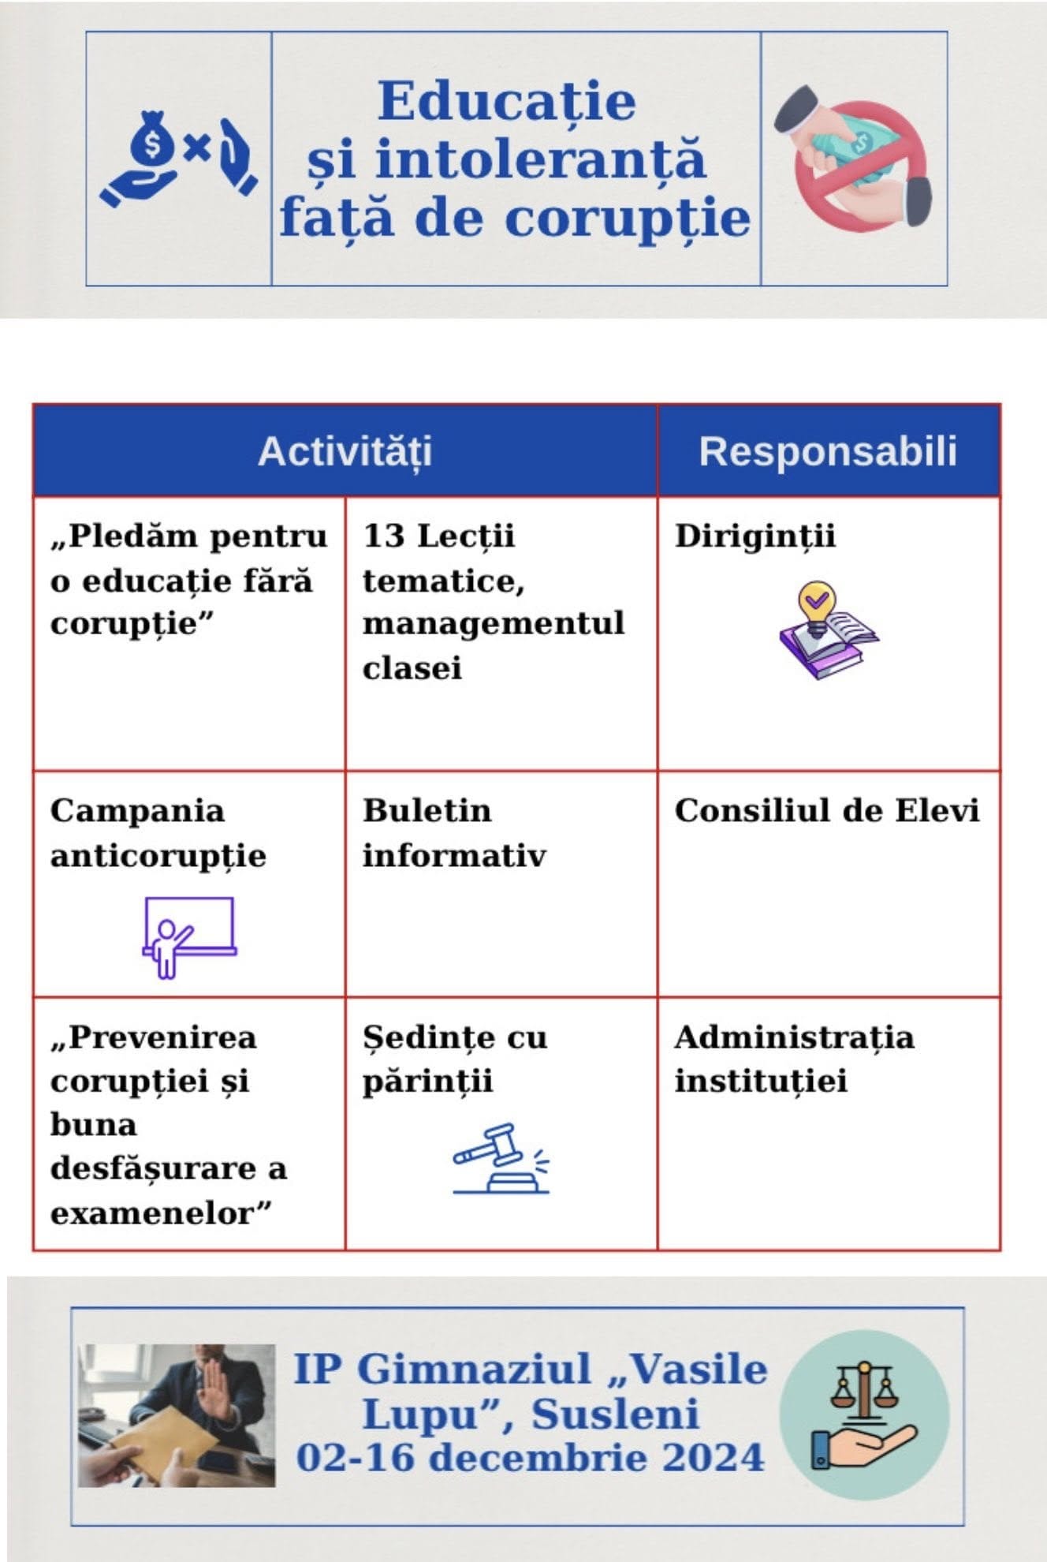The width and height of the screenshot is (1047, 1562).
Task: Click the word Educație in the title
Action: pos(506,102)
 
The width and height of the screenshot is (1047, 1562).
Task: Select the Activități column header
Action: pos(345,451)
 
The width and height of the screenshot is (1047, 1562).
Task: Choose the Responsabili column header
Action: pos(828,451)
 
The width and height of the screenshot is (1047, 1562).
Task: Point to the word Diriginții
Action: pos(755,536)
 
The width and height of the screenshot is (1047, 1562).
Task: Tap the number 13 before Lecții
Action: pos(383,536)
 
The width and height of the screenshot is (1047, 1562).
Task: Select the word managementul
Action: pos(493,623)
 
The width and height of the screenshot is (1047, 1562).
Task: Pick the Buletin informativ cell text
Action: pos(453,833)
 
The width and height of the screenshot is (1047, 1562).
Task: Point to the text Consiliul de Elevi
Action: pos(826,811)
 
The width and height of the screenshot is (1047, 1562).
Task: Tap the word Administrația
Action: pos(794,1037)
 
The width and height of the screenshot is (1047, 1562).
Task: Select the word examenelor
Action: pos(160,1213)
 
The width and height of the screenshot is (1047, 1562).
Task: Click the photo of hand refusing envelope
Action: pos(177,1415)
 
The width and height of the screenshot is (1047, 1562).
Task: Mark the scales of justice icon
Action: pos(864,1414)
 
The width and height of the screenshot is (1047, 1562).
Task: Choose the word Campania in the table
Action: pos(137,811)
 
